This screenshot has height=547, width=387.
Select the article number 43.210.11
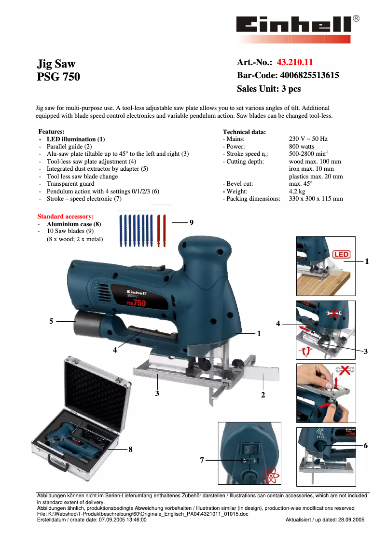(295, 62)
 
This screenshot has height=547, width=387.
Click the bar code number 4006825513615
(309, 75)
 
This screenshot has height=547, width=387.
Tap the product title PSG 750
(59, 77)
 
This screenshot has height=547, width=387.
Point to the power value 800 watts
(301, 147)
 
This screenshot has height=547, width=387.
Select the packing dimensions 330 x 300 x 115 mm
(316, 199)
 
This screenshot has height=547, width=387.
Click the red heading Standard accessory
(66, 217)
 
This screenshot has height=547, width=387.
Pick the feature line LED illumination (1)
(75, 139)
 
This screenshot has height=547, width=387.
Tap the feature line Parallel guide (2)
(69, 146)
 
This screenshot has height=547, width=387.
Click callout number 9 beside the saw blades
(192, 222)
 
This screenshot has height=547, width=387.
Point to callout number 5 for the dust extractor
(51, 321)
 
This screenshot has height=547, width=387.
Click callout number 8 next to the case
(130, 449)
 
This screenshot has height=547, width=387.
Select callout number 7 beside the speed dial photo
(202, 461)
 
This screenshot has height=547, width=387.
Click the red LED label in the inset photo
(341, 254)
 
